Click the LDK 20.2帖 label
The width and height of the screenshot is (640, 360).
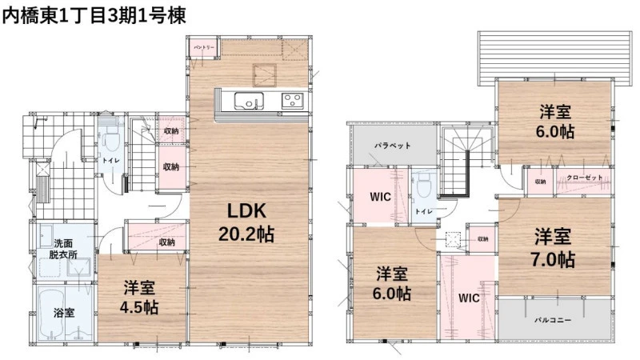point(246,222)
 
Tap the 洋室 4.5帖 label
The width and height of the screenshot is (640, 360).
point(139,298)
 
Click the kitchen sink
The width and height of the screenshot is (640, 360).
point(249,101)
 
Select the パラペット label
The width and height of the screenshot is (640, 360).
point(393,146)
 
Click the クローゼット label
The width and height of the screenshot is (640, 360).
point(585,178)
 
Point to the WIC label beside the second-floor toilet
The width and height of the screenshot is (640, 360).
point(380,197)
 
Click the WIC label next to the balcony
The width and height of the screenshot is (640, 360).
point(469,298)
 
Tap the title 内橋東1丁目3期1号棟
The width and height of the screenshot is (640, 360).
point(94,15)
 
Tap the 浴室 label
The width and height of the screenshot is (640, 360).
point(64,313)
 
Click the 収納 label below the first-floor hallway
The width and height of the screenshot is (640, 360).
point(166,242)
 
